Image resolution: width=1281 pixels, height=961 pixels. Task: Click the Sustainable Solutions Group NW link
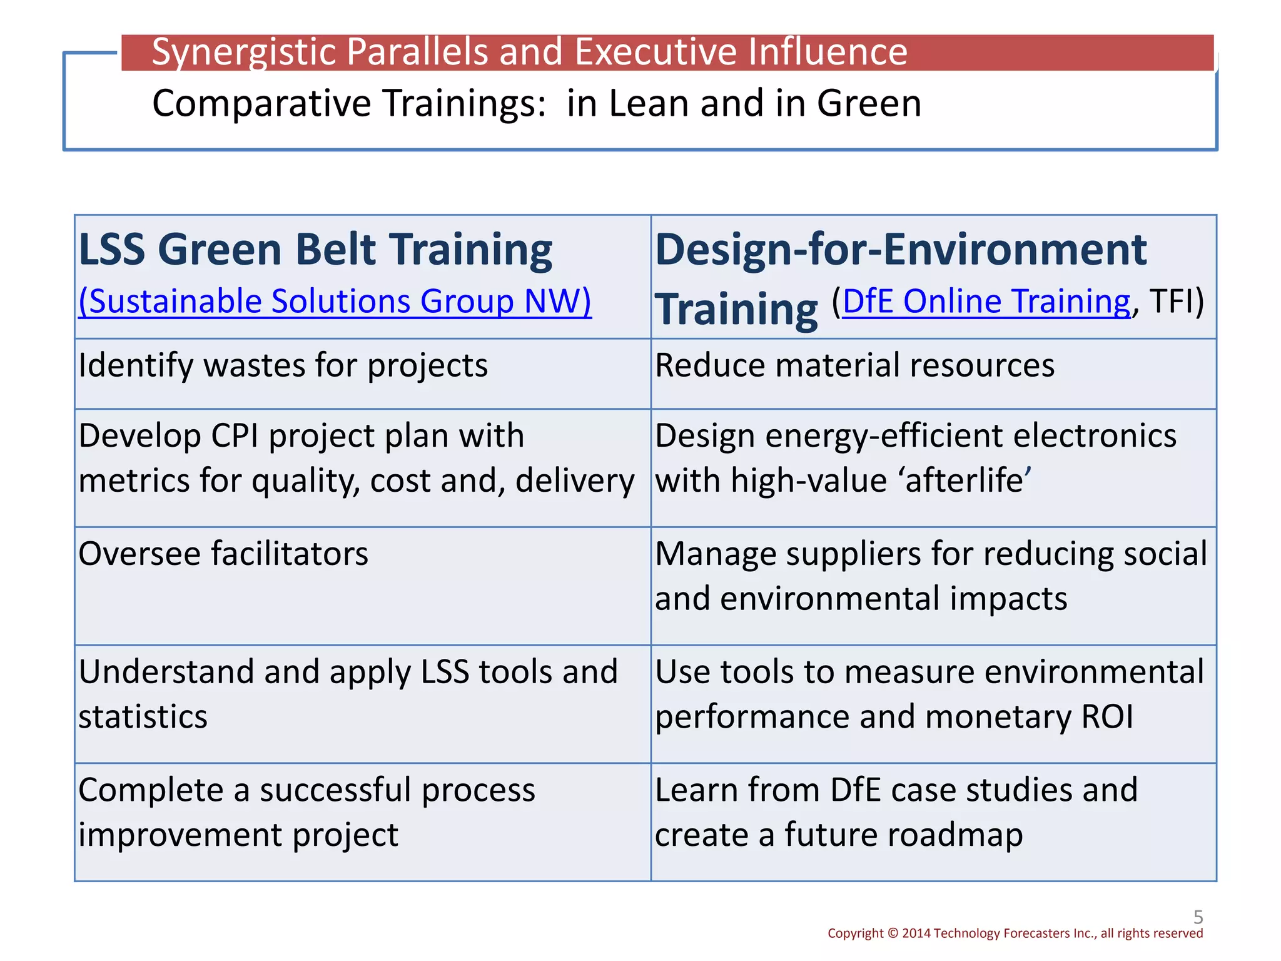coord(335,302)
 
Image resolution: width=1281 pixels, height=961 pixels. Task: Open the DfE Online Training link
coord(986,302)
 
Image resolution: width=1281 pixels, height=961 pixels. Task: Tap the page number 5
coord(1198,917)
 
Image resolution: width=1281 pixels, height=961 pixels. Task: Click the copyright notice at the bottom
coord(1015,933)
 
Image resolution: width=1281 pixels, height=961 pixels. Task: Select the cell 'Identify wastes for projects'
coord(283,365)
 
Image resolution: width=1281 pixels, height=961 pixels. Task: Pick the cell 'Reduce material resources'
coord(854,365)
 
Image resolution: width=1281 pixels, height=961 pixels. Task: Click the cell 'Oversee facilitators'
coord(223,554)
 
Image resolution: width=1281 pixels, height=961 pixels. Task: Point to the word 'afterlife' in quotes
coord(963,481)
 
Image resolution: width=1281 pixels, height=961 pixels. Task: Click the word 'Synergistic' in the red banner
coord(243,52)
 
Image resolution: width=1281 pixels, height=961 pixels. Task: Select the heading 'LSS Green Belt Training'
coord(315,250)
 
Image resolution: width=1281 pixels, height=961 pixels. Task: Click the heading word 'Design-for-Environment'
coord(901,250)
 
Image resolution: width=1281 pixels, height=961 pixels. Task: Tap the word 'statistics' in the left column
coord(143,717)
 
